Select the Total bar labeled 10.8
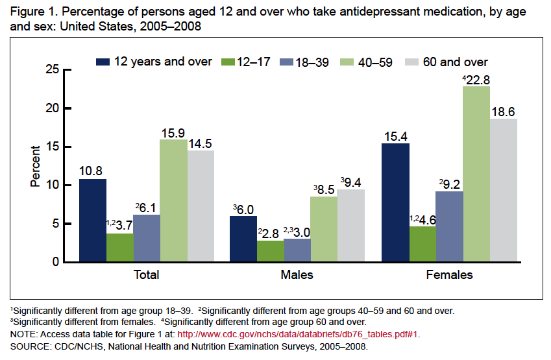pyautogui.click(x=92, y=221)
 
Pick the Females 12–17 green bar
pyautogui.click(x=422, y=244)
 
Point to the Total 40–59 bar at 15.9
pyautogui.click(x=173, y=201)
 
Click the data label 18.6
pyautogui.click(x=504, y=112)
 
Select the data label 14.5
pyautogui.click(x=201, y=143)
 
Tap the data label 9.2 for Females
pyautogui.click(x=452, y=184)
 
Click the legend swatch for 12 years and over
pyautogui.click(x=103, y=62)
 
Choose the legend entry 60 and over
pyautogui.click(x=455, y=62)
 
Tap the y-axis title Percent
pyautogui.click(x=36, y=166)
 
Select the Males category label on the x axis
pyautogui.click(x=297, y=275)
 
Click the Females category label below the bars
pyautogui.click(x=449, y=275)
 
